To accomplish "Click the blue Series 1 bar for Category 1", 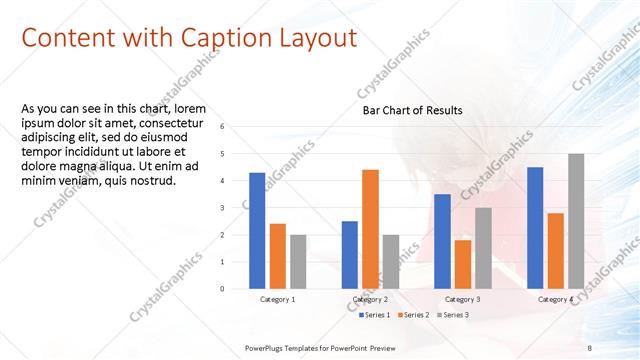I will point(257,231).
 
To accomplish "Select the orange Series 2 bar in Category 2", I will point(370,229).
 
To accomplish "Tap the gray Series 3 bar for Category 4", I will point(576,221).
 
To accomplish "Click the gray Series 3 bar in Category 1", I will point(299,262).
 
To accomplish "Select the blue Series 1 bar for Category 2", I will point(349,255).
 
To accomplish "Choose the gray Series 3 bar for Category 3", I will point(483,248).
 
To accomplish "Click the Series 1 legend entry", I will point(376,315).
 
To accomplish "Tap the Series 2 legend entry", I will point(414,315).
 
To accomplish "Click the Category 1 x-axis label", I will point(278,299).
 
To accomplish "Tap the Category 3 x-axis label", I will point(463,299).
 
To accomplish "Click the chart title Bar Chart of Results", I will point(412,110).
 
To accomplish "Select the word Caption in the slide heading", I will point(220,38).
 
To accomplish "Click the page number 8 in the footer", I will point(590,347).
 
